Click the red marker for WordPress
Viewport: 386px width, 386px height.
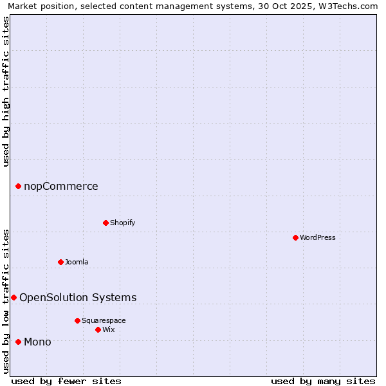coord(295,237)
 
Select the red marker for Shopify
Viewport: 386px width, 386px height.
coord(106,223)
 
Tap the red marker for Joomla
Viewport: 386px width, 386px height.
coord(60,262)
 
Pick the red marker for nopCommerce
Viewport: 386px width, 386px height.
coord(18,186)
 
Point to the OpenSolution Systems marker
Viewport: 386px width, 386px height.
coord(14,297)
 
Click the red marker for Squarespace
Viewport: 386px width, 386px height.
coord(77,320)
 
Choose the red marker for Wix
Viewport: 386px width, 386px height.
coord(98,329)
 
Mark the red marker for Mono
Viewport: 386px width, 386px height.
coord(18,342)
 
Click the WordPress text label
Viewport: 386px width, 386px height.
coord(318,237)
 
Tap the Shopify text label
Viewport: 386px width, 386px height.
coord(122,223)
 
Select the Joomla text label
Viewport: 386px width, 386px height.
coord(77,262)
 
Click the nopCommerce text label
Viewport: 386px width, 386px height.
coord(61,186)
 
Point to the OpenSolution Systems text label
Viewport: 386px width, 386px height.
coord(78,297)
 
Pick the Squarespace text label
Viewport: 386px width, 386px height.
coord(104,320)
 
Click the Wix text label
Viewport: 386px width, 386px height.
coord(109,329)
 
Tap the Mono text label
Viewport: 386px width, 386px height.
coord(37,342)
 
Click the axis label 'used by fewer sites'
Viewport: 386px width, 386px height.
coord(66,381)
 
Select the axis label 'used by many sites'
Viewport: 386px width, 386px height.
coord(323,381)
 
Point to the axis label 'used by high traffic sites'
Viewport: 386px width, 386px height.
coord(6,91)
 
